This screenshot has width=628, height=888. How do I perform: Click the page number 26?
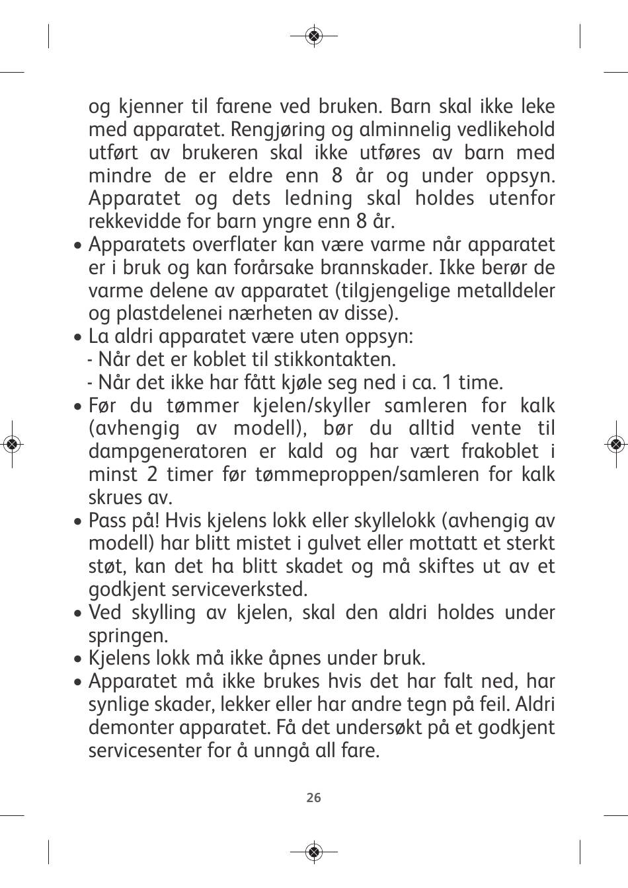[314, 797]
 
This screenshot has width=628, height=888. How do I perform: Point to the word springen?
[128, 636]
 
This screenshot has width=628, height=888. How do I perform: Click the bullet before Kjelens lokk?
[79, 659]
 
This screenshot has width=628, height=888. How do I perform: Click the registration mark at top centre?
[314, 35]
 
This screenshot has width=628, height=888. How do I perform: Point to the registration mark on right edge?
[615, 444]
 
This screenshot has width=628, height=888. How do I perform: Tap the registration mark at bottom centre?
[314, 852]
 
